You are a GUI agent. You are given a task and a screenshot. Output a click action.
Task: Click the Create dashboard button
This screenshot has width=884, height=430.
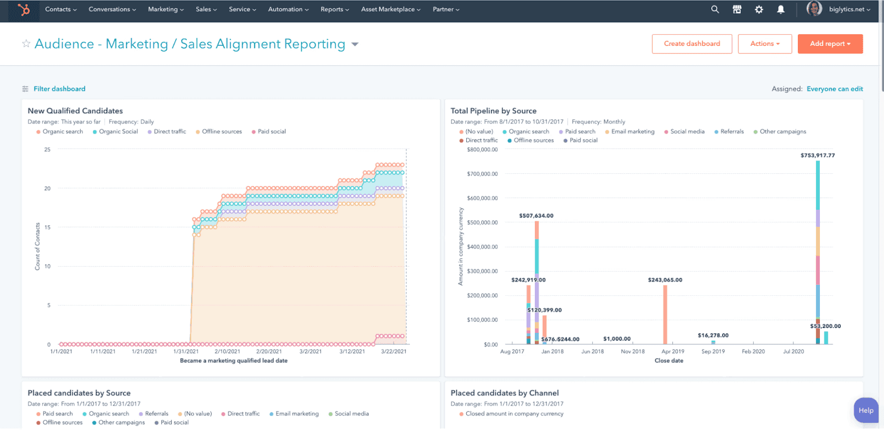[x=692, y=44]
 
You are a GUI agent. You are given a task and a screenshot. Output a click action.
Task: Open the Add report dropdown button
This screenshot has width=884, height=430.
[x=830, y=44]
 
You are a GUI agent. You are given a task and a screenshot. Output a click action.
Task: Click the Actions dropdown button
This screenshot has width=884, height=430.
[x=765, y=44]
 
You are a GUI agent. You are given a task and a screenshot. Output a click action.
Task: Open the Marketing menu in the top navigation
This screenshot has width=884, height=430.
[x=166, y=9]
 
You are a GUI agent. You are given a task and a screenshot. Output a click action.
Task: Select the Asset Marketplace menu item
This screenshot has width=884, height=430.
[x=391, y=9]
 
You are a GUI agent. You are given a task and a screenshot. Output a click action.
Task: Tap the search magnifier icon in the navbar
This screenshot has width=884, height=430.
[x=715, y=9]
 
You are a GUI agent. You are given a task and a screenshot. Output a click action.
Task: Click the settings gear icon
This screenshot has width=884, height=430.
[x=759, y=9]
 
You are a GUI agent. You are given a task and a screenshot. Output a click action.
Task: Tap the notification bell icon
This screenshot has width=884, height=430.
[x=781, y=9]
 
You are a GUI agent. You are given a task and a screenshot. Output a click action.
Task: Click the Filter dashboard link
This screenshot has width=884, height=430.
[x=59, y=89]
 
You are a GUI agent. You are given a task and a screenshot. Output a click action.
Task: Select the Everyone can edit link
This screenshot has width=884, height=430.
[x=834, y=89]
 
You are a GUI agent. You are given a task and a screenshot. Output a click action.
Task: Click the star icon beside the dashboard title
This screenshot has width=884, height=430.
[x=26, y=44]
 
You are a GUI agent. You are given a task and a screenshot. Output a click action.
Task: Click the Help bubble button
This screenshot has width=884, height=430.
[x=866, y=411]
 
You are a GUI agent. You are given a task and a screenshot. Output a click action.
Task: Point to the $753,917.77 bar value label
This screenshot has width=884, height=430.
[x=817, y=156]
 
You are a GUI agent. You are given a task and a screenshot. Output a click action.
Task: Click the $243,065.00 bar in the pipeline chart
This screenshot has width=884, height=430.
[x=665, y=315]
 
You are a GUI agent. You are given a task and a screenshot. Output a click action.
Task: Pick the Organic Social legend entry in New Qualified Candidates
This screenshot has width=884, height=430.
[x=118, y=131]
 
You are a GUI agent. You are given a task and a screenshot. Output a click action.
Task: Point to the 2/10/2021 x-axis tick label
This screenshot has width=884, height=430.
[x=227, y=352]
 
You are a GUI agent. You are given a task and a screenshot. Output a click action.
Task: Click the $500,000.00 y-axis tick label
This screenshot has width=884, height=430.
[x=482, y=222]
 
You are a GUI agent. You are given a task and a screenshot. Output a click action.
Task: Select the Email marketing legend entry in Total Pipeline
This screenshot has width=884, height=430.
[x=633, y=131]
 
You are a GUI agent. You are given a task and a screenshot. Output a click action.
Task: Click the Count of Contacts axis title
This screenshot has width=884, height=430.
[x=38, y=246]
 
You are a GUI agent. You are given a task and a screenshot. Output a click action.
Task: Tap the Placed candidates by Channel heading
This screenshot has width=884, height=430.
[x=504, y=393]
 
